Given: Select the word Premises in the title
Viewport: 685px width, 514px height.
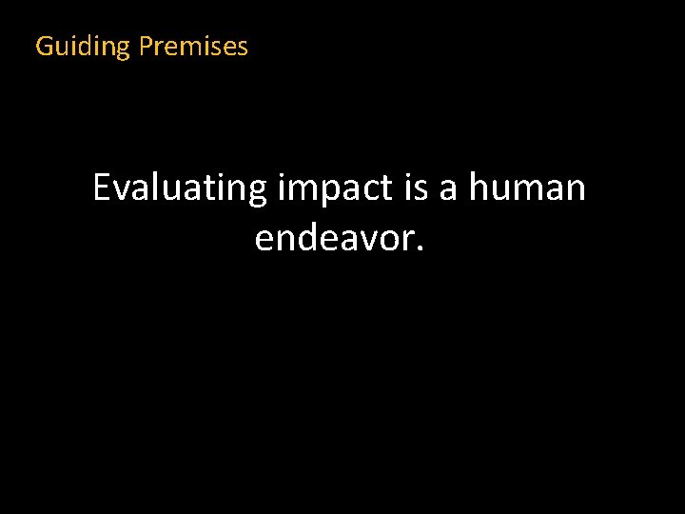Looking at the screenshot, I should point(193,46).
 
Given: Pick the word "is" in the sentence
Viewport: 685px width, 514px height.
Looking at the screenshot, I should point(415,188).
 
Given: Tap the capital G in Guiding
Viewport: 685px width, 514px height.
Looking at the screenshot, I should point(44,46).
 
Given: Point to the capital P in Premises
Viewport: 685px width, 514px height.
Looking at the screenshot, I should point(146,46).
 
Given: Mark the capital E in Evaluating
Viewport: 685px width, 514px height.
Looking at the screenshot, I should point(102,188).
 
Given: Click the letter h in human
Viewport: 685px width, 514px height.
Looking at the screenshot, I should point(479,188).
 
